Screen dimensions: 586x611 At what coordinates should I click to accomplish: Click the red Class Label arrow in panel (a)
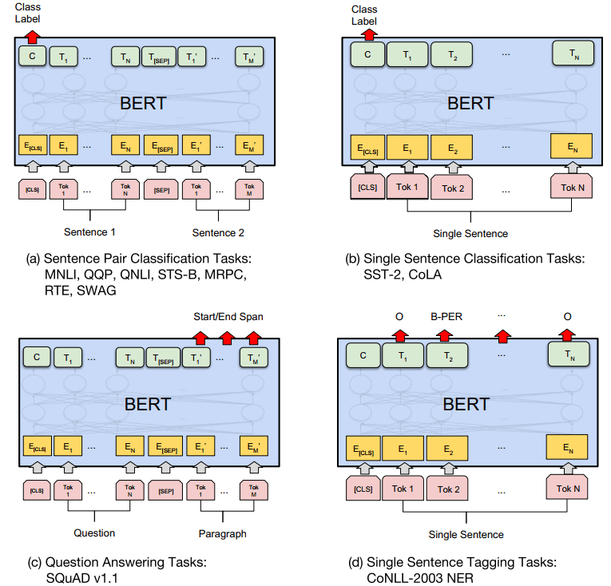tap(32, 35)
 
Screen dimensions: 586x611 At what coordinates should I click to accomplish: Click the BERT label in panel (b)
tap(470, 102)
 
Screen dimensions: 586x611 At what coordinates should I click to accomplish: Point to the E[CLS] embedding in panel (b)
tap(367, 147)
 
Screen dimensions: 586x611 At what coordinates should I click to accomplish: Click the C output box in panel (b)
tap(367, 54)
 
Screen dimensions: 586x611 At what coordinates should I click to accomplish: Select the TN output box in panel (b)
tap(573, 54)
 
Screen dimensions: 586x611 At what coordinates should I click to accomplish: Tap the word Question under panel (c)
tap(95, 533)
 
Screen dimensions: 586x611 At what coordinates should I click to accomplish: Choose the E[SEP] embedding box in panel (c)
tap(165, 446)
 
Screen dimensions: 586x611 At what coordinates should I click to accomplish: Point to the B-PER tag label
tap(446, 316)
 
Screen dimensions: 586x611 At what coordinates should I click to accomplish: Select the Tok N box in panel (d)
tap(568, 486)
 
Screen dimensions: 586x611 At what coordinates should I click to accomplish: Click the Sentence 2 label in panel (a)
tap(219, 233)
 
